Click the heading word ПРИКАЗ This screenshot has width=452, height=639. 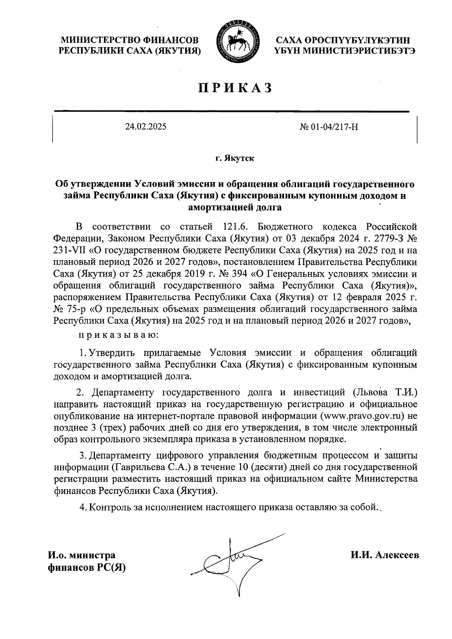pos(235,88)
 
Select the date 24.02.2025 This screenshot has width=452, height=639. pos(146,127)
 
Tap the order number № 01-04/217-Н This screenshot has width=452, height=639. pos(328,127)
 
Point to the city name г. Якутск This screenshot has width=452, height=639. pos(235,158)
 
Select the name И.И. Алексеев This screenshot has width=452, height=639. pos(384,555)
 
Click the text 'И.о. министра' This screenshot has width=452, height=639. pos(81,555)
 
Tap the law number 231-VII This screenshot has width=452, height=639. pos(70,250)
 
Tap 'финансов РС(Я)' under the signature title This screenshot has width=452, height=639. pos(86,567)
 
